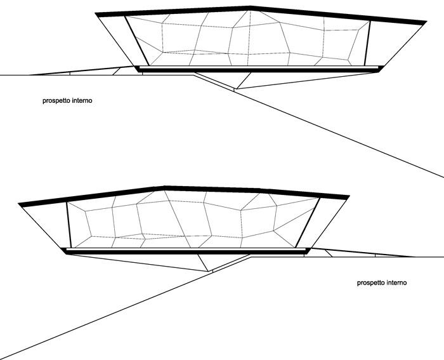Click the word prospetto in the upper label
pyautogui.click(x=56, y=100)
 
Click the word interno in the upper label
pyautogui.click(x=82, y=100)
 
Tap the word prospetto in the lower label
pyautogui.click(x=371, y=283)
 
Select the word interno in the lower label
pyautogui.click(x=396, y=283)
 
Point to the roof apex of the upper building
pyautogui.click(x=250, y=6)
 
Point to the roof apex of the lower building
pyautogui.click(x=164, y=187)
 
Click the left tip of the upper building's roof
pyautogui.click(x=96, y=13)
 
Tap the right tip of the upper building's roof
pyautogui.click(x=426, y=22)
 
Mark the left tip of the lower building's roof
pyautogui.click(x=18, y=204)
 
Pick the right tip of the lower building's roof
pyautogui.click(x=349, y=196)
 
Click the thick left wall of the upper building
pyautogui.click(x=137, y=41)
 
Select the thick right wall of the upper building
pyautogui.click(x=367, y=43)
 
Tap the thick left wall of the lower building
pyautogui.click(x=69, y=225)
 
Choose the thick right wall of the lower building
pyautogui.click(x=308, y=223)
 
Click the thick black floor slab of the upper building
pyautogui.click(x=259, y=70)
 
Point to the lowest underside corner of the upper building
pyautogui.click(x=236, y=89)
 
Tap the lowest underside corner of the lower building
pyautogui.click(x=209, y=271)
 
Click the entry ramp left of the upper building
pyautogui.click(x=82, y=71)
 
